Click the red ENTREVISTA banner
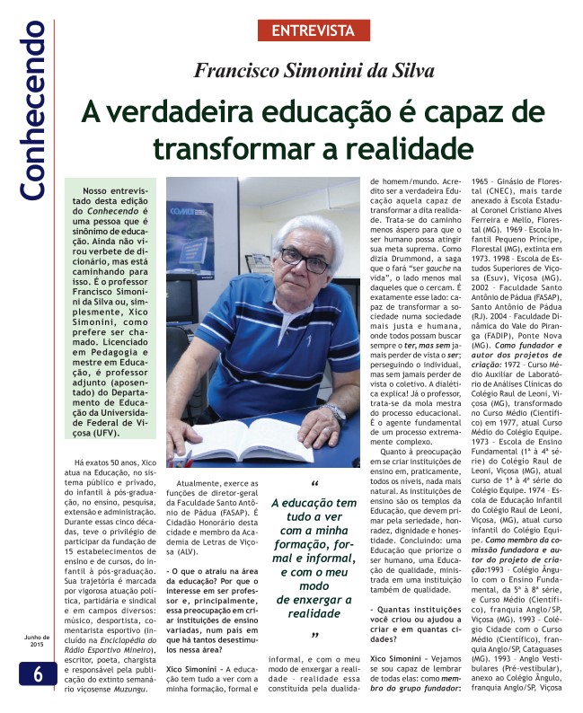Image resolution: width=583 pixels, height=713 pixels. pyautogui.click(x=314, y=31)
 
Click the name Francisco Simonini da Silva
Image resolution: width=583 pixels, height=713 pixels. pyautogui.click(x=314, y=71)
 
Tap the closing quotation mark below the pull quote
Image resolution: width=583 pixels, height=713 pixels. pyautogui.click(x=315, y=637)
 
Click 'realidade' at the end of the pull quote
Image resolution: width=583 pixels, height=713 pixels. pyautogui.click(x=314, y=615)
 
